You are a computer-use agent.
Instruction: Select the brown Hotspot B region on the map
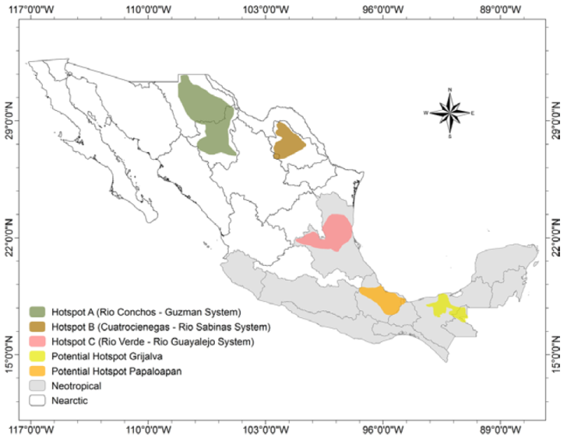coord(288,141)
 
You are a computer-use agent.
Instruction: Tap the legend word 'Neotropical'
coord(76,386)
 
